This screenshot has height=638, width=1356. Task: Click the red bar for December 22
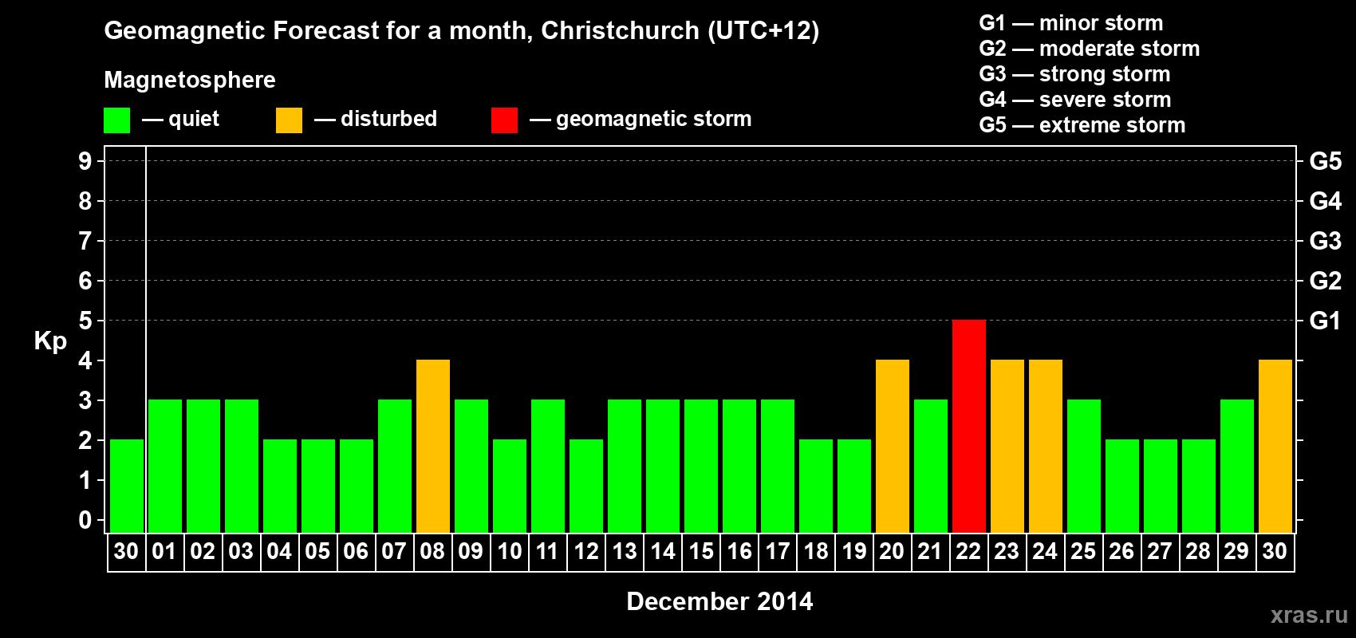pyautogui.click(x=969, y=426)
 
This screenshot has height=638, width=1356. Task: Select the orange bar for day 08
pyautogui.click(x=433, y=446)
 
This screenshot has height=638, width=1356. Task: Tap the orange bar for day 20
pyautogui.click(x=893, y=446)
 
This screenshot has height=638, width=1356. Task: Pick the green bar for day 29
pyautogui.click(x=1237, y=466)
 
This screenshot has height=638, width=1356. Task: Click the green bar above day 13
pyautogui.click(x=625, y=466)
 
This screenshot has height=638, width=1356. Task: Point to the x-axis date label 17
pyautogui.click(x=778, y=552)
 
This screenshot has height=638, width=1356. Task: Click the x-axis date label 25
pyautogui.click(x=1083, y=552)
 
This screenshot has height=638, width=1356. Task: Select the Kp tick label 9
pyautogui.click(x=85, y=161)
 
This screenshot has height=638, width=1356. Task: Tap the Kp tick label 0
pyautogui.click(x=85, y=520)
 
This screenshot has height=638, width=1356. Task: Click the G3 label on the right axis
pyautogui.click(x=1325, y=241)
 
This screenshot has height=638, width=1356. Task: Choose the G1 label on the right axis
pyautogui.click(x=1325, y=321)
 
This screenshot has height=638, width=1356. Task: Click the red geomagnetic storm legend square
pyautogui.click(x=504, y=120)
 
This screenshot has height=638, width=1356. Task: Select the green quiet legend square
pyautogui.click(x=117, y=120)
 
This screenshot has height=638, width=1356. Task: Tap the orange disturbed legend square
pyautogui.click(x=289, y=120)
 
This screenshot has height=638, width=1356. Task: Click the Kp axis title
pyautogui.click(x=50, y=341)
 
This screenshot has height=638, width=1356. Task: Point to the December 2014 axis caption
pyautogui.click(x=719, y=601)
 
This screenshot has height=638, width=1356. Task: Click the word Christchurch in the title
pyautogui.click(x=620, y=31)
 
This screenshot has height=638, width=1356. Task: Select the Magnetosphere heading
pyautogui.click(x=190, y=80)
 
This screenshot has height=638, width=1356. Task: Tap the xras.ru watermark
pyautogui.click(x=1308, y=615)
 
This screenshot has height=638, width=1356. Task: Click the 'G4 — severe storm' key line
pyautogui.click(x=1075, y=100)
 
